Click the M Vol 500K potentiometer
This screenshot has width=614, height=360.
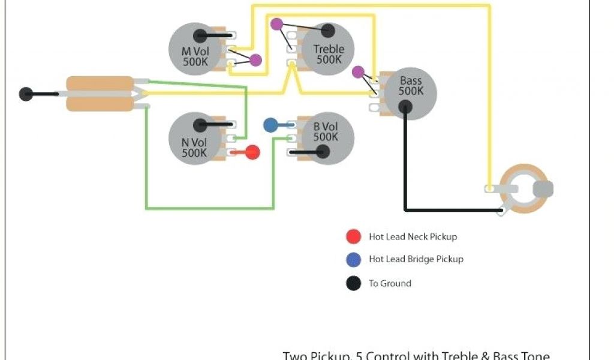click(x=195, y=49)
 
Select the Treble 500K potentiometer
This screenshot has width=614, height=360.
click(x=327, y=49)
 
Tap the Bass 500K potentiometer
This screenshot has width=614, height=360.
click(x=410, y=93)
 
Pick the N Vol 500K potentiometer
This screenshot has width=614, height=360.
click(x=195, y=139)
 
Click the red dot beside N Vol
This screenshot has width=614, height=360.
click(x=252, y=152)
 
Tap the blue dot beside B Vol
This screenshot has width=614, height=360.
click(x=270, y=125)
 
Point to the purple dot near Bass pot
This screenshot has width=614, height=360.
click(x=358, y=72)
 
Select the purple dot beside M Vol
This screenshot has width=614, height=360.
click(x=255, y=60)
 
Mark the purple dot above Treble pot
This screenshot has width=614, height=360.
click(x=276, y=24)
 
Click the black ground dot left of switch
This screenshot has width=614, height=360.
click(x=26, y=94)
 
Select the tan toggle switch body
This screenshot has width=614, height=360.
click(x=100, y=94)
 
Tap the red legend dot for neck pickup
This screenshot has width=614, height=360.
click(x=354, y=236)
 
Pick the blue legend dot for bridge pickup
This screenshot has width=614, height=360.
click(x=354, y=260)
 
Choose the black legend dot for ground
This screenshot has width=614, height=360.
click(x=354, y=283)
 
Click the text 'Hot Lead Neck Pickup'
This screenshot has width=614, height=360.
click(x=413, y=237)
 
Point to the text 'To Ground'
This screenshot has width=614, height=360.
click(x=390, y=283)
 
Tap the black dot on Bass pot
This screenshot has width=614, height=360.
click(x=405, y=107)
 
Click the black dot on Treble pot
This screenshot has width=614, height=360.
click(x=328, y=31)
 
